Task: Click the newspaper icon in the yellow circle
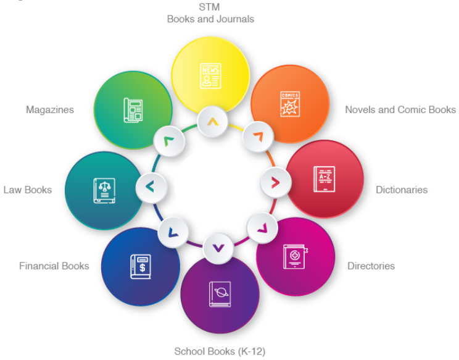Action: [210, 76]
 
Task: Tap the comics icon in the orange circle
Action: [290, 104]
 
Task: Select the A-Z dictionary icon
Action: [325, 179]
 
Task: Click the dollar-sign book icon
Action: [141, 267]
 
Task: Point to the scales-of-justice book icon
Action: [104, 190]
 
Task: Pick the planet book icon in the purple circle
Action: [220, 294]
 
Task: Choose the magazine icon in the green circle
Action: [133, 110]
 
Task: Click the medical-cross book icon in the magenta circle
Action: [295, 257]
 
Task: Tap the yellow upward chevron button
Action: [212, 122]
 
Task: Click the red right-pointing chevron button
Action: [276, 183]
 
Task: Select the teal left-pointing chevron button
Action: [151, 187]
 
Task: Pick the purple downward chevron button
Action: [218, 248]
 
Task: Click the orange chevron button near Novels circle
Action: [258, 136]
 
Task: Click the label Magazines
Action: [50, 109]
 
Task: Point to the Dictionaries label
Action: [402, 190]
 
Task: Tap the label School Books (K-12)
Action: [220, 351]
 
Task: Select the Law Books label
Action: [28, 190]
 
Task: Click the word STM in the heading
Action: [209, 7]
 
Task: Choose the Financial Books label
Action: [54, 266]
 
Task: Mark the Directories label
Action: [371, 266]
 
